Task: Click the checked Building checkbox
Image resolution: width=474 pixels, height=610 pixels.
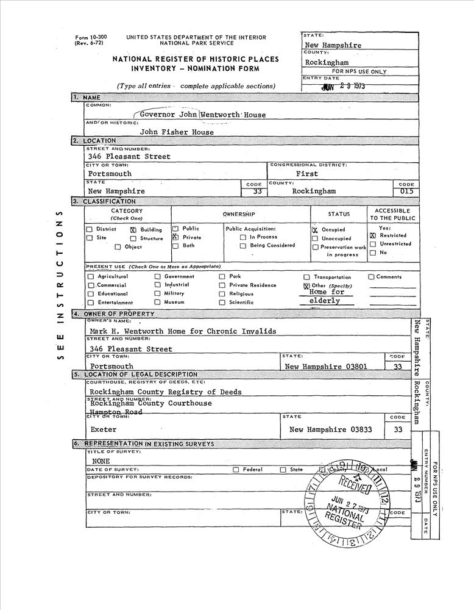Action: pos(133,230)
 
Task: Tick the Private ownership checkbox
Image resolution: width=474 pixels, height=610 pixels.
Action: pos(175,237)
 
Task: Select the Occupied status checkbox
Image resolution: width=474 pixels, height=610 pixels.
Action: pos(315,230)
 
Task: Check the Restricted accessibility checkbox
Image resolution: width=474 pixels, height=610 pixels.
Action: pos(373,235)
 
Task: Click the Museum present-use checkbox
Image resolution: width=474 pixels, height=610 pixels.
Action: pos(157,302)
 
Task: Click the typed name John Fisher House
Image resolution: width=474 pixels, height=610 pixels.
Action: pos(177,132)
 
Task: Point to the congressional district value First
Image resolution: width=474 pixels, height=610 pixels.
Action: pos(307,174)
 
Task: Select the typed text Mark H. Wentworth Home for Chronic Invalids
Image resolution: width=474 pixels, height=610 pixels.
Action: pos(182,331)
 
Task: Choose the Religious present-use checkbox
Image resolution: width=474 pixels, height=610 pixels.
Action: pos(222,293)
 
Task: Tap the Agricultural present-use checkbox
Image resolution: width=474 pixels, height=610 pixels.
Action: pos(90,277)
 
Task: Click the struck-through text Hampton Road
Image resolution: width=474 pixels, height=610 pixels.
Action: pos(116,412)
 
